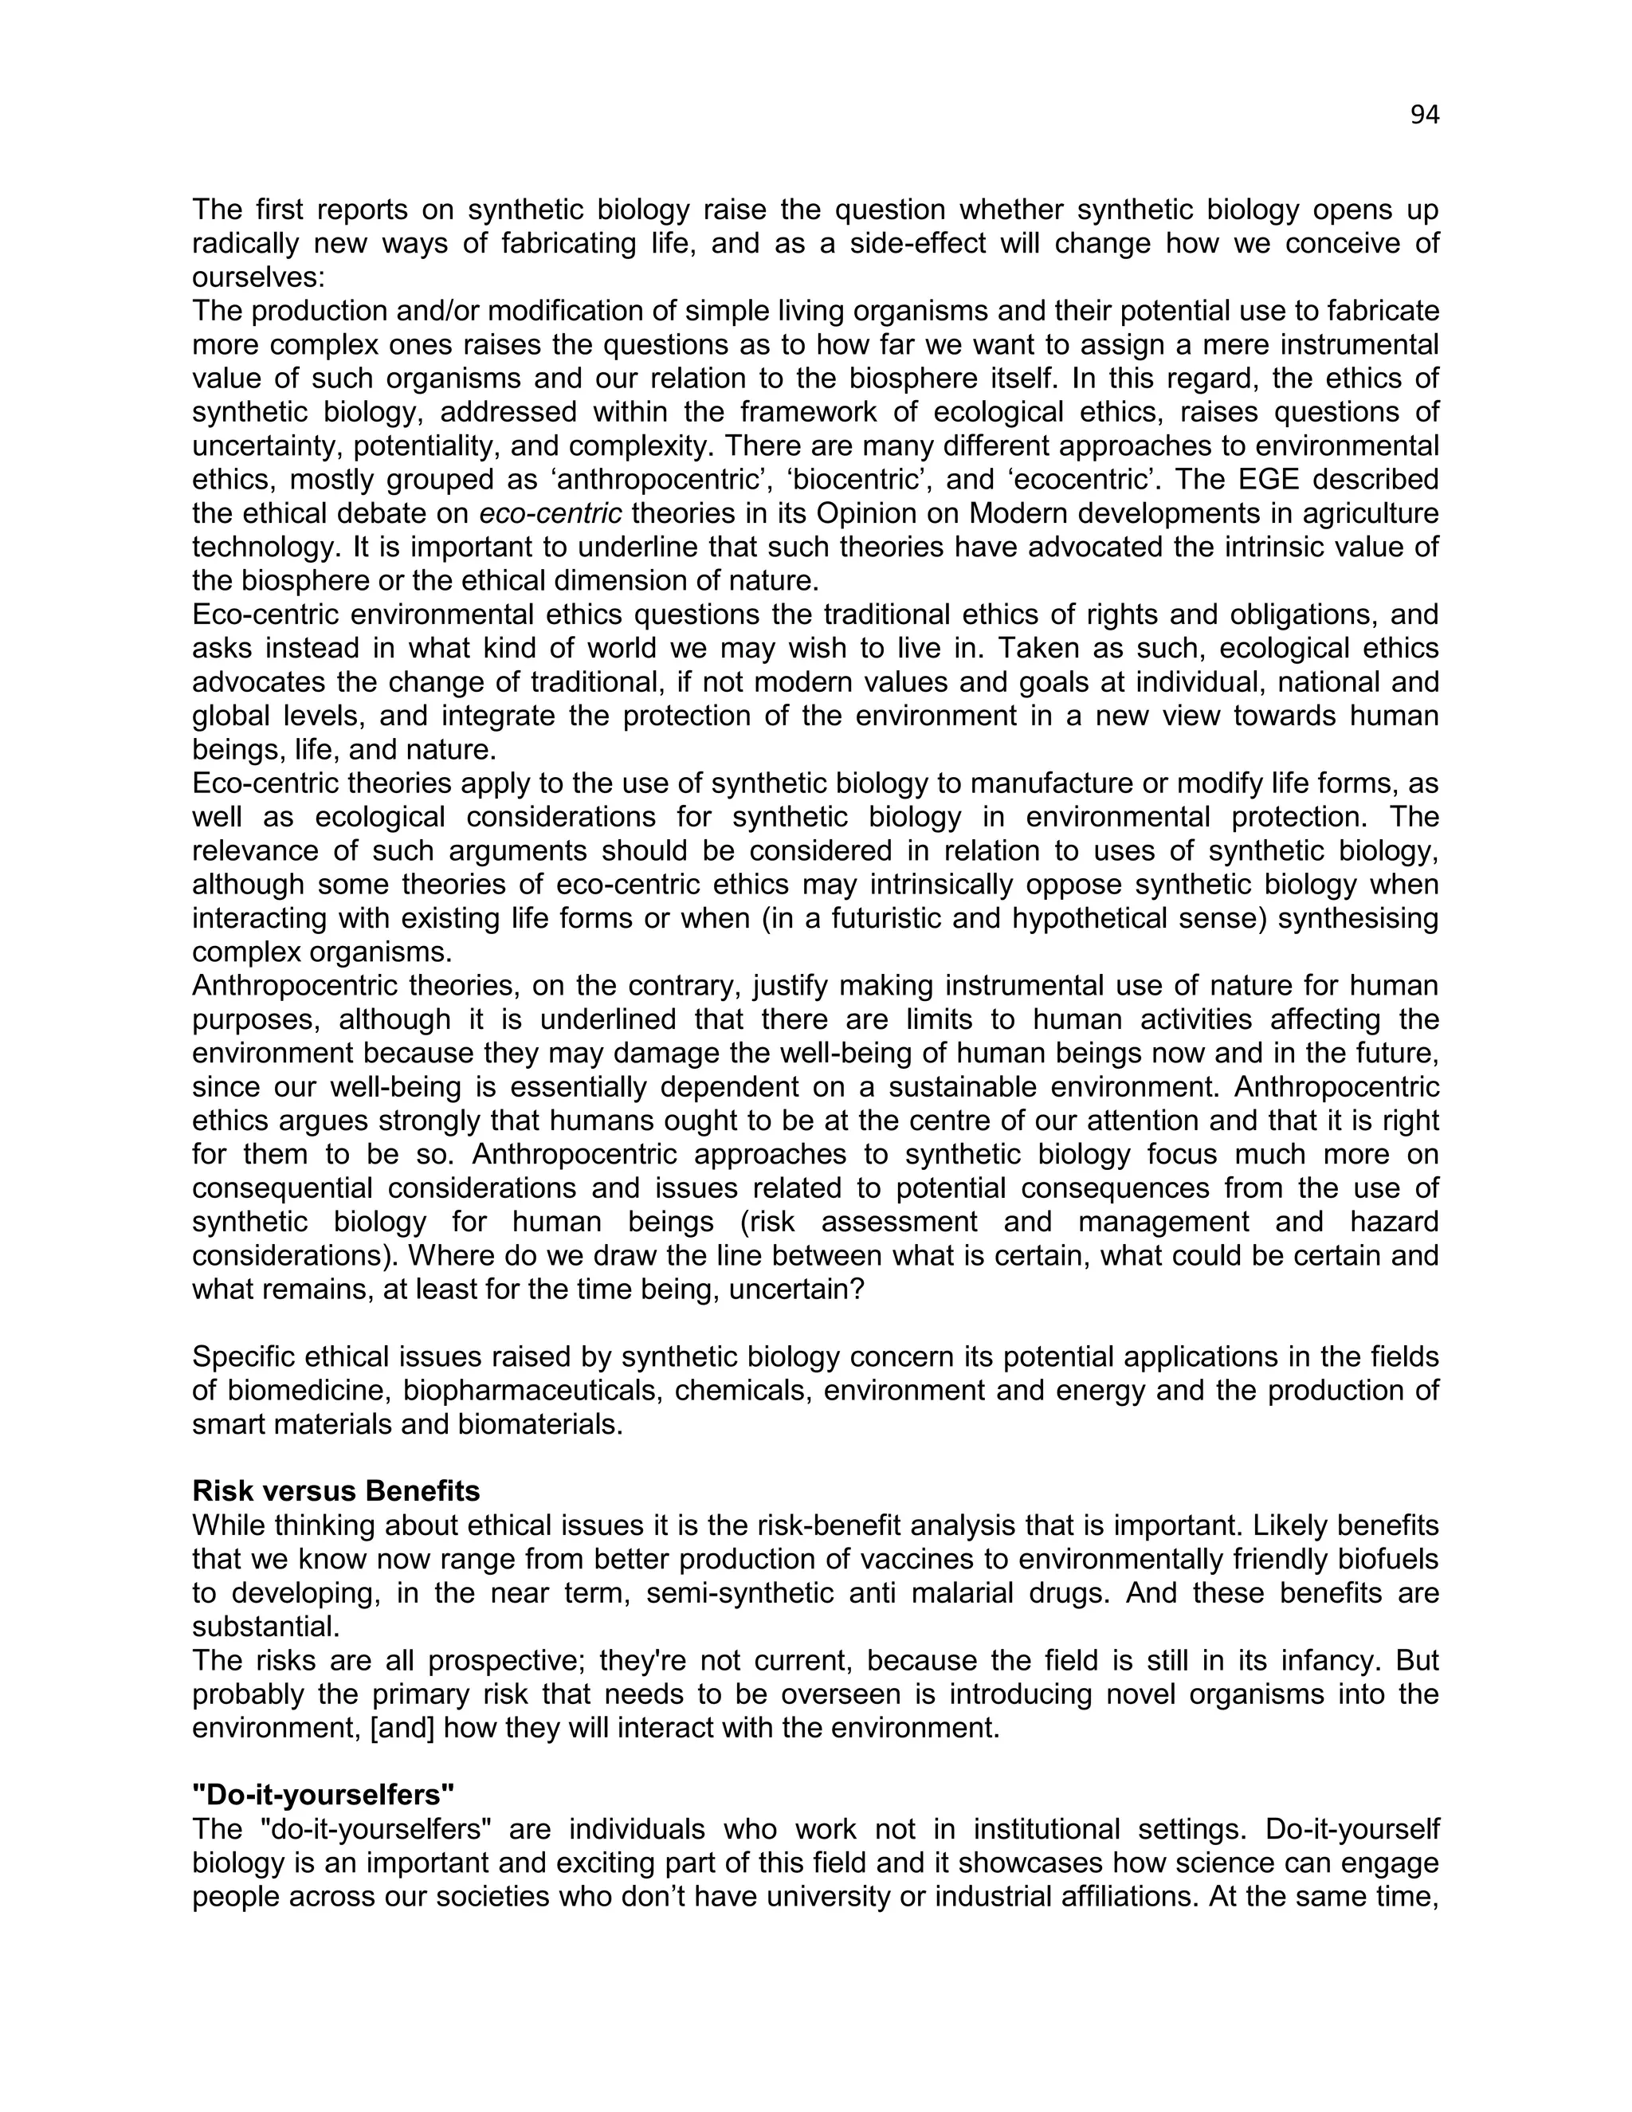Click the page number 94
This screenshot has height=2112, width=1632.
pos(1424,115)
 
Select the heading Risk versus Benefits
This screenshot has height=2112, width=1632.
pos(335,1491)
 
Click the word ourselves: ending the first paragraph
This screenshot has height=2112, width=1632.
pos(259,277)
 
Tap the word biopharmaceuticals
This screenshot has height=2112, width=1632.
pos(530,1391)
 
